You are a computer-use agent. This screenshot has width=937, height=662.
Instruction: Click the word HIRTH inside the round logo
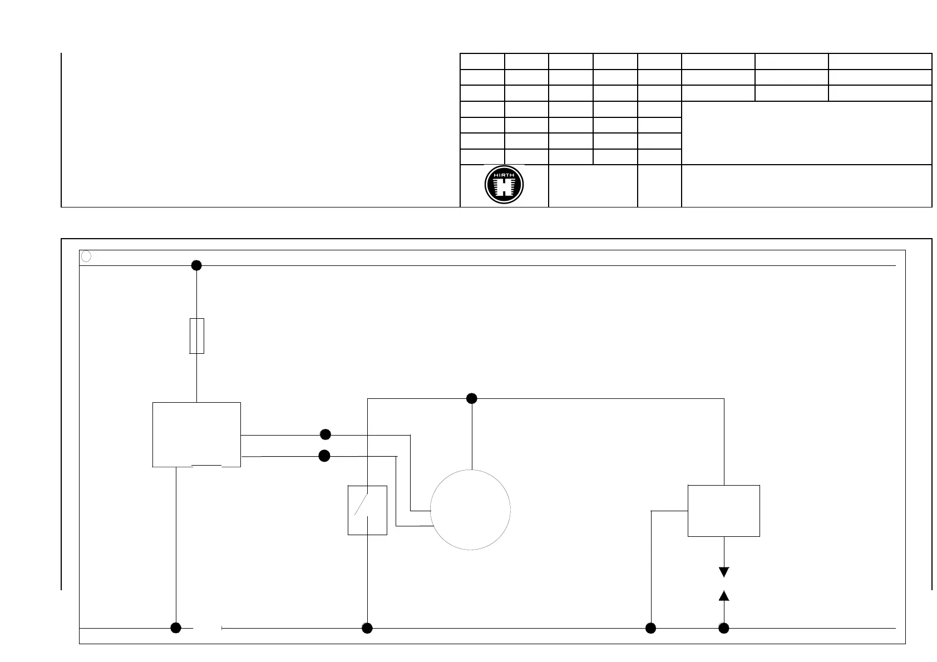tap(504, 174)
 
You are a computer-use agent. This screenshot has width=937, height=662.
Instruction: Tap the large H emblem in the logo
tap(504, 187)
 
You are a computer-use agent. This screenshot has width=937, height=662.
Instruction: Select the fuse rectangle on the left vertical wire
tap(197, 336)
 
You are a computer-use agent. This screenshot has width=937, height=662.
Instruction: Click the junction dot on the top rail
tap(196, 265)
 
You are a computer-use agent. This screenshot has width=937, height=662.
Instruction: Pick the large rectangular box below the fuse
tap(196, 434)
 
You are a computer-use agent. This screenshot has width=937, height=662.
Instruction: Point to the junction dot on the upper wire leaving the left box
tap(326, 434)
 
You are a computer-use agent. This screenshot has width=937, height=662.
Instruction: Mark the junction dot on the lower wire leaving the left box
tap(324, 456)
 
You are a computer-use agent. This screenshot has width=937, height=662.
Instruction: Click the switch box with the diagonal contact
tap(367, 510)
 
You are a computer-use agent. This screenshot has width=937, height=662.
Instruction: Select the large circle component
tap(471, 510)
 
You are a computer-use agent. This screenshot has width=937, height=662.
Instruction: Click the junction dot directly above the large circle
tap(471, 398)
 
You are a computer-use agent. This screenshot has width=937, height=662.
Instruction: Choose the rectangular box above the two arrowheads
tap(724, 511)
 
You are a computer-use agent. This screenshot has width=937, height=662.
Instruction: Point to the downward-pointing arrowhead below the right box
tap(724, 572)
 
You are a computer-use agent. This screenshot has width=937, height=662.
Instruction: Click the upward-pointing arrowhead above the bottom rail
tap(724, 596)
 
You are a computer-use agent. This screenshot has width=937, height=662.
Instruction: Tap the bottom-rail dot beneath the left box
tap(176, 628)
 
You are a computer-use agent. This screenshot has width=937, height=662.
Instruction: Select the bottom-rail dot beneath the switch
tap(367, 628)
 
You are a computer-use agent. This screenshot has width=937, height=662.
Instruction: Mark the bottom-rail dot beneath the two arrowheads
tap(724, 628)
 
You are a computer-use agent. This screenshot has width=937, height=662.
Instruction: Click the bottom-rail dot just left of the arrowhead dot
tap(650, 628)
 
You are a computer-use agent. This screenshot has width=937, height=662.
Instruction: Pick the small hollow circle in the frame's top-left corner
tap(86, 256)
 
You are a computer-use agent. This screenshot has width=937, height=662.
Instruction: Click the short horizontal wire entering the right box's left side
tap(669, 511)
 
